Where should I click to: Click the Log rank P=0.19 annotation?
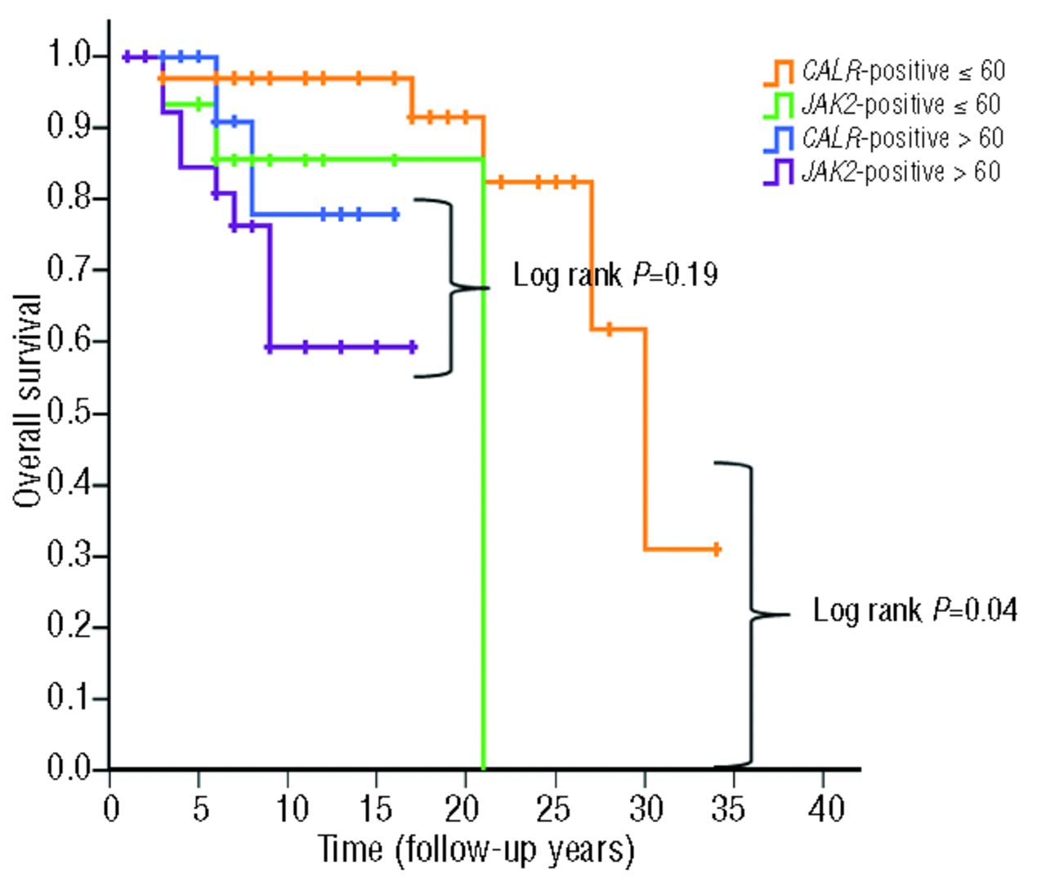coord(615,275)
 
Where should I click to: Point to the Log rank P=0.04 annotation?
coord(914,610)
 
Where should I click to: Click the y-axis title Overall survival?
coord(28,400)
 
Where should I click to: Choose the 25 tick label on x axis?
coord(556,808)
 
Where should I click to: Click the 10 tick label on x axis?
coord(288,808)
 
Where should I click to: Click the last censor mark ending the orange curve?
coord(717,549)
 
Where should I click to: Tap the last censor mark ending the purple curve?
coord(413,347)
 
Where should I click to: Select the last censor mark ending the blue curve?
coord(395,215)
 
